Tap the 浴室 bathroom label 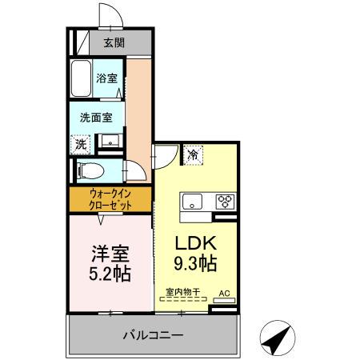point(106,78)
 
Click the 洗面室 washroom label point(95,117)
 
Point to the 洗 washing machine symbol point(80,144)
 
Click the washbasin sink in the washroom point(110,142)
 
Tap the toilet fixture point(87,170)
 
